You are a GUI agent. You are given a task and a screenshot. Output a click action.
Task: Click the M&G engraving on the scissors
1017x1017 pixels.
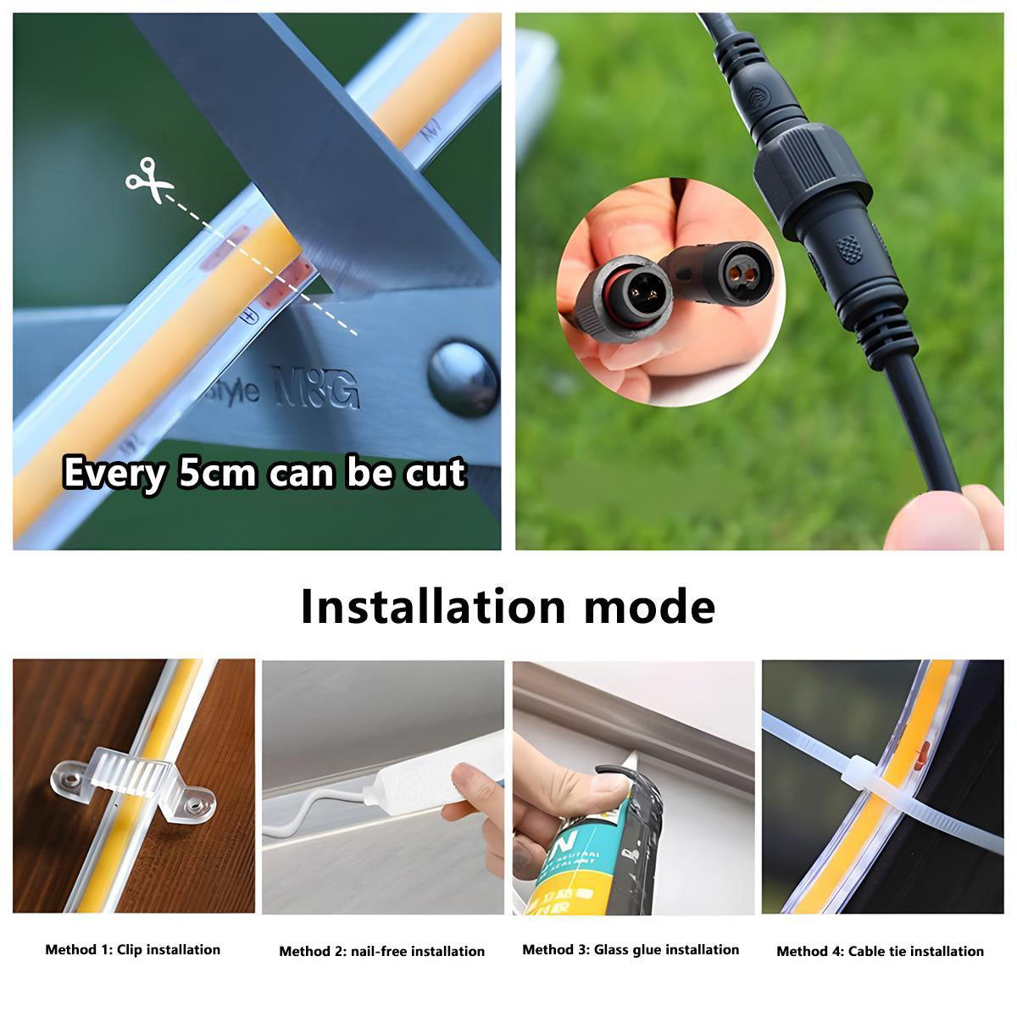coord(315,386)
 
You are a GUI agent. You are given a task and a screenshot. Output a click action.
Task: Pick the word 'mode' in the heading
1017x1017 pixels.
coord(650,607)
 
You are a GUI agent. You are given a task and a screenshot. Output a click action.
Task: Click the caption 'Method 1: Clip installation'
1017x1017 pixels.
coord(132,950)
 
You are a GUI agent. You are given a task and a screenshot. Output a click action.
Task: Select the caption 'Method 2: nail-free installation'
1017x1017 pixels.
coord(381,952)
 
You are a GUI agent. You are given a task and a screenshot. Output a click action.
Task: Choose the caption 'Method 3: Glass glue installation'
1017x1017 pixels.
coord(631,950)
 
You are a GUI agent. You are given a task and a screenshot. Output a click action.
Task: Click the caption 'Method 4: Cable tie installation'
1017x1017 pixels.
coord(880,952)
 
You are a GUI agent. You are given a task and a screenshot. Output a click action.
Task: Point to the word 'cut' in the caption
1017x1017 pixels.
coord(434,473)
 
